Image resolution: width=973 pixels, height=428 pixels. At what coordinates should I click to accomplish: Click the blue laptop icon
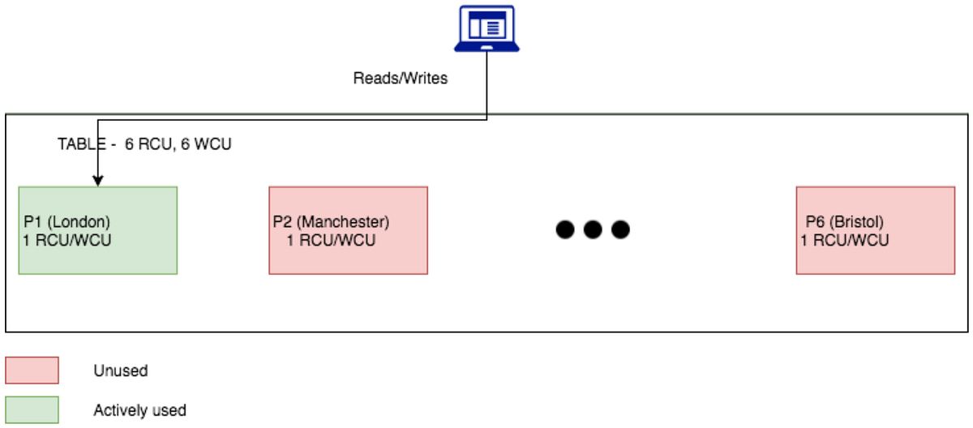[486, 29]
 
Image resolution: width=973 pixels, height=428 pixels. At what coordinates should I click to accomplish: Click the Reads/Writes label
[400, 79]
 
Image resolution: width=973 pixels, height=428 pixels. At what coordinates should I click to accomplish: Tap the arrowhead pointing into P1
[97, 181]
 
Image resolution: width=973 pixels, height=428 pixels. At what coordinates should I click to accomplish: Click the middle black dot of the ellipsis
[593, 229]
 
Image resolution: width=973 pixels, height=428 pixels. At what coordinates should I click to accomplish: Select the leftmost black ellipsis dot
[565, 229]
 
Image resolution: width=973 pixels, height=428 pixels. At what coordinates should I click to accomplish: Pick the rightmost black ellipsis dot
[620, 229]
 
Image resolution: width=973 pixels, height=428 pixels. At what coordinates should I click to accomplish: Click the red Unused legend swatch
[32, 370]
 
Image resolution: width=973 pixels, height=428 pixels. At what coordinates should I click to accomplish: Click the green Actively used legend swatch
[32, 410]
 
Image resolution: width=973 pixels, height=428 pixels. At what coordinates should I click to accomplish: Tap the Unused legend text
[121, 371]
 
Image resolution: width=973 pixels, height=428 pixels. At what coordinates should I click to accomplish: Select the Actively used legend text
[139, 410]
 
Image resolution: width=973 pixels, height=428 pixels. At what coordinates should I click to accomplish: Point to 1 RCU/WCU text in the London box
[67, 240]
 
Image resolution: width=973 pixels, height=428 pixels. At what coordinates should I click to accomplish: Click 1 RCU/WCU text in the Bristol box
[844, 240]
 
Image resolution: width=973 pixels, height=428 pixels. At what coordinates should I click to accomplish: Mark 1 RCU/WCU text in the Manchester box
[331, 240]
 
